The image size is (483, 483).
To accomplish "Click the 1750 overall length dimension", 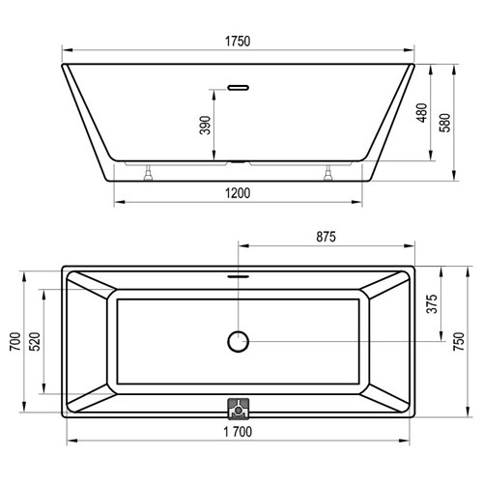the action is tap(238, 42).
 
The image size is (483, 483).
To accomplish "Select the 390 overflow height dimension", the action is tap(205, 125).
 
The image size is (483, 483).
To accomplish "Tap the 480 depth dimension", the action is tap(422, 112).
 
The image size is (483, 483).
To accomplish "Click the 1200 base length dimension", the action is tap(238, 193).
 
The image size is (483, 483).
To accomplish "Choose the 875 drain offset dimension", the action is tap(326, 237).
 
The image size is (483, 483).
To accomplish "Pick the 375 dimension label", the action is tap(432, 303).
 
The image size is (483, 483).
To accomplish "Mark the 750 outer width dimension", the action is tap(459, 341).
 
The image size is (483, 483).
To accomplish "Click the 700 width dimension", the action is tap(15, 341).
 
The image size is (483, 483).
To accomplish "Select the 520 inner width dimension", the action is tap(35, 341).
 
